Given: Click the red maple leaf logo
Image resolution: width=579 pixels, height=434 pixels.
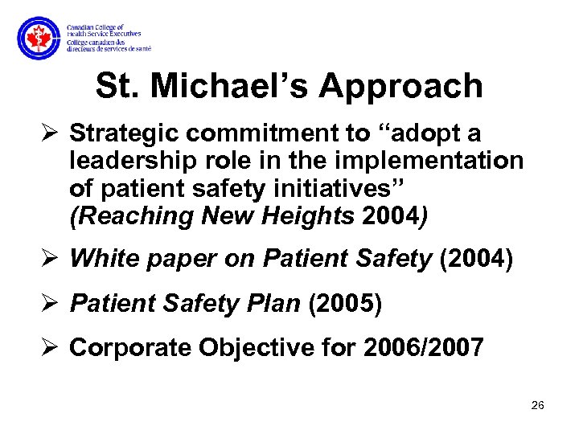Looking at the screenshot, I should [x=38, y=38].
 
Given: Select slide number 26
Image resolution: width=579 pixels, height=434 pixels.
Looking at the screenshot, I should [x=538, y=406].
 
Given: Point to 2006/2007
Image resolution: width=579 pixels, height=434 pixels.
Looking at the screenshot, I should [x=423, y=347].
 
